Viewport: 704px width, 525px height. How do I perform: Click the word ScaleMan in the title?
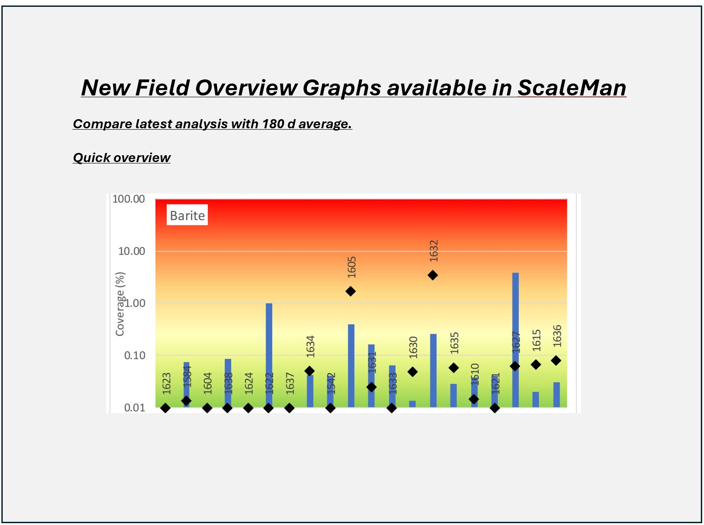click(x=572, y=87)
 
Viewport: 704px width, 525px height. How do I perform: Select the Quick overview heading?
click(x=122, y=157)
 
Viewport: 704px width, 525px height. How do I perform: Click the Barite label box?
click(x=187, y=215)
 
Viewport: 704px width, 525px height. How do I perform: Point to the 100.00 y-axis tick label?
click(x=129, y=199)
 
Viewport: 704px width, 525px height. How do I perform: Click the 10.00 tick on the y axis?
click(x=131, y=252)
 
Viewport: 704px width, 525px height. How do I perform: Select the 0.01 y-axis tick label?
click(x=135, y=408)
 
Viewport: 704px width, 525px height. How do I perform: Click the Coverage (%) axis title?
click(x=120, y=304)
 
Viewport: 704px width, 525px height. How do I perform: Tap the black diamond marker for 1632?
click(x=433, y=275)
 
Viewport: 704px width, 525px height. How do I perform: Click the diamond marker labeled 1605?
click(x=351, y=291)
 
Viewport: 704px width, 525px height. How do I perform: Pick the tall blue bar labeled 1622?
click(x=269, y=355)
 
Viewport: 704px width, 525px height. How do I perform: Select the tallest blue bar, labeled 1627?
click(x=516, y=340)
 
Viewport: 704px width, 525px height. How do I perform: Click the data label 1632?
click(x=434, y=251)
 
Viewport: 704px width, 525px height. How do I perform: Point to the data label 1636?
click(x=557, y=336)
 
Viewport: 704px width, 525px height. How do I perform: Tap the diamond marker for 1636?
click(x=556, y=360)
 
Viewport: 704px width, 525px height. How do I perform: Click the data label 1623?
click(x=166, y=383)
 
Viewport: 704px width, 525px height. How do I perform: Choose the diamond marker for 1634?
click(x=310, y=371)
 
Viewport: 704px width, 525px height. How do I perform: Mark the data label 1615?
click(x=536, y=341)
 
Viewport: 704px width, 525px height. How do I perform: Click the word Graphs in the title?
click(x=342, y=87)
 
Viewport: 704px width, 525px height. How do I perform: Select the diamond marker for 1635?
click(x=454, y=367)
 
